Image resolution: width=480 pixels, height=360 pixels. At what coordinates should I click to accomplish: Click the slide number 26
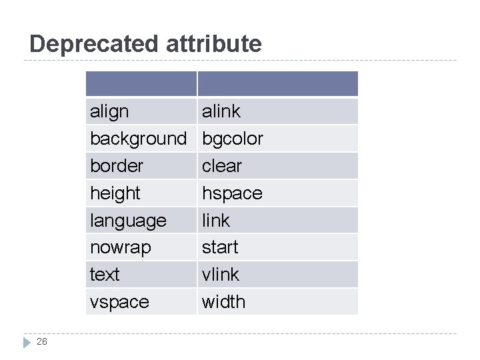[x=42, y=341]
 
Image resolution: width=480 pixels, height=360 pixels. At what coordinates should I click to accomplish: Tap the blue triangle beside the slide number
[x=26, y=342]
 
